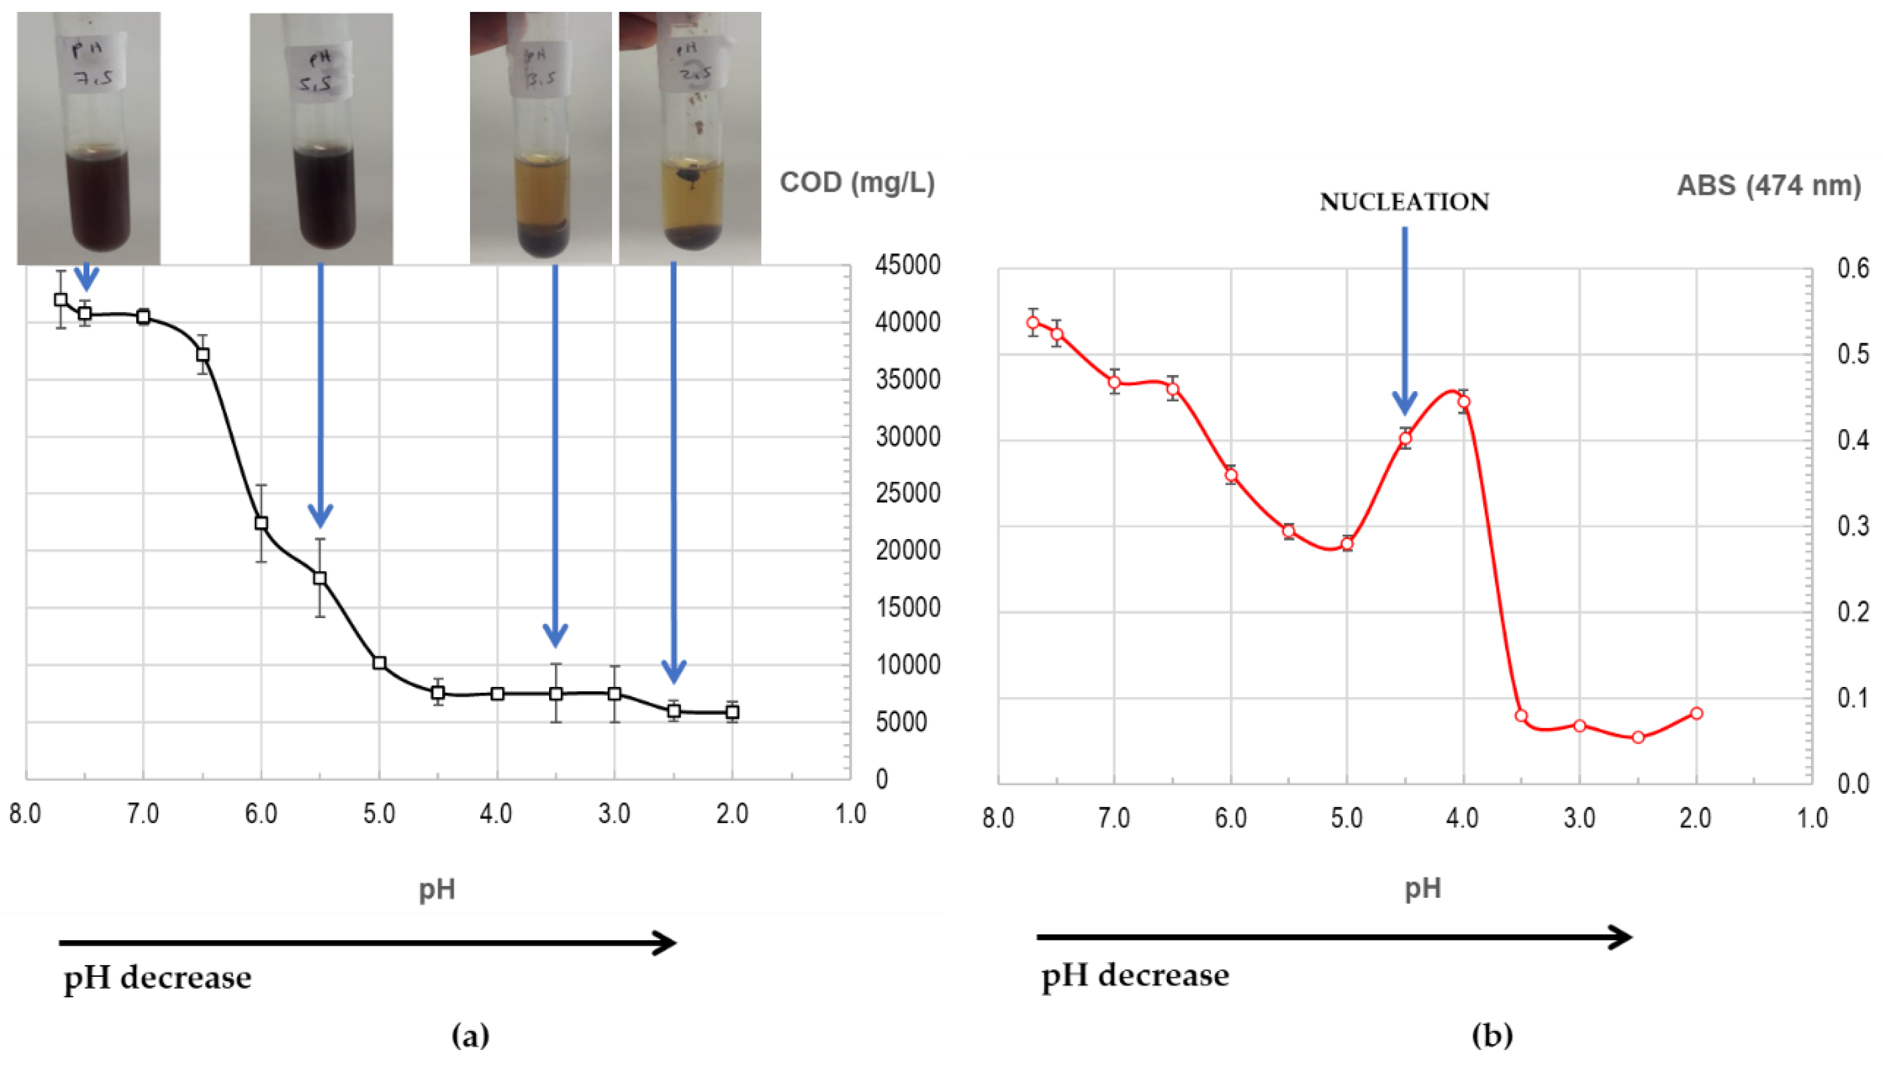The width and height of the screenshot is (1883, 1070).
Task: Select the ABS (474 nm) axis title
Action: (1768, 185)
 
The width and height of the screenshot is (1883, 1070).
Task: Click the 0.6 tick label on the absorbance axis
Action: (1852, 268)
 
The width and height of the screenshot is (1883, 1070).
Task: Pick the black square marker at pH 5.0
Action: (379, 663)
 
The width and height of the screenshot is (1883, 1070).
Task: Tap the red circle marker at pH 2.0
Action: (1696, 714)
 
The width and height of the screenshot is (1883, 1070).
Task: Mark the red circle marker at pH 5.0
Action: (1346, 544)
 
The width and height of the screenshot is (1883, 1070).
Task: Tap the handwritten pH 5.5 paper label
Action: (318, 70)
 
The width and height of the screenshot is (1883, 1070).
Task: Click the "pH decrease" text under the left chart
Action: (157, 977)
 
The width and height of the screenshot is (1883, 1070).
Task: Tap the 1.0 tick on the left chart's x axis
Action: (850, 814)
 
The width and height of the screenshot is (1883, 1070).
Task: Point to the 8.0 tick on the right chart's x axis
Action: (998, 818)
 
